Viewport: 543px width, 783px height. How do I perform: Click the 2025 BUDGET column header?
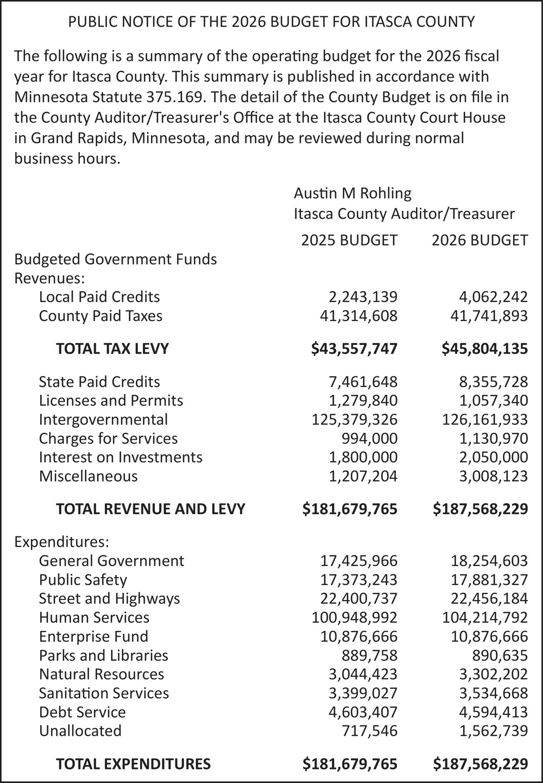pos(349,240)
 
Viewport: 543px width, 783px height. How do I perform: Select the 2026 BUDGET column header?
pos(479,240)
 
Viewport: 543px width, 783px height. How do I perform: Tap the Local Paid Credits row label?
pos(99,297)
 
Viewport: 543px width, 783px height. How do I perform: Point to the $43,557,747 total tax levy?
pos(354,349)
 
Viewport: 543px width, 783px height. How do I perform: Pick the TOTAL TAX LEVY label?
pos(112,349)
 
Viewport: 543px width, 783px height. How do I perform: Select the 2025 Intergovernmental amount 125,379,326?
pos(354,420)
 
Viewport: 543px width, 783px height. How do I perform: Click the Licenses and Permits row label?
pos(111,401)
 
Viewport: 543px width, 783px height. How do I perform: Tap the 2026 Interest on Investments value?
pos(493,458)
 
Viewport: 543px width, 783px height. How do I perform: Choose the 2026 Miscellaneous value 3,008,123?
pos(493,477)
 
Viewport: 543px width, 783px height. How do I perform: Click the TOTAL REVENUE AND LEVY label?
pos(150,509)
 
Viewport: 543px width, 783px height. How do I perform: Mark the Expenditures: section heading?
pos(62,542)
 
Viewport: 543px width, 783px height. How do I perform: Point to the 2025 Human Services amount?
pos(354,618)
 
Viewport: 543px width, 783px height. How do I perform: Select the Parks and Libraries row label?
pos(103,656)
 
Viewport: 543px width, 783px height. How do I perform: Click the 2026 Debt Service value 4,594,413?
pos(493,712)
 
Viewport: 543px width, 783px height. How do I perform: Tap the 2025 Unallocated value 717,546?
pos(366,731)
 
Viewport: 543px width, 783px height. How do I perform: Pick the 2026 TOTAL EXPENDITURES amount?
pos(480,765)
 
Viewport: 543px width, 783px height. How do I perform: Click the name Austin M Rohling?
pos(352,193)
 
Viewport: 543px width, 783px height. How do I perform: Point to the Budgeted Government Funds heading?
pos(115,260)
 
